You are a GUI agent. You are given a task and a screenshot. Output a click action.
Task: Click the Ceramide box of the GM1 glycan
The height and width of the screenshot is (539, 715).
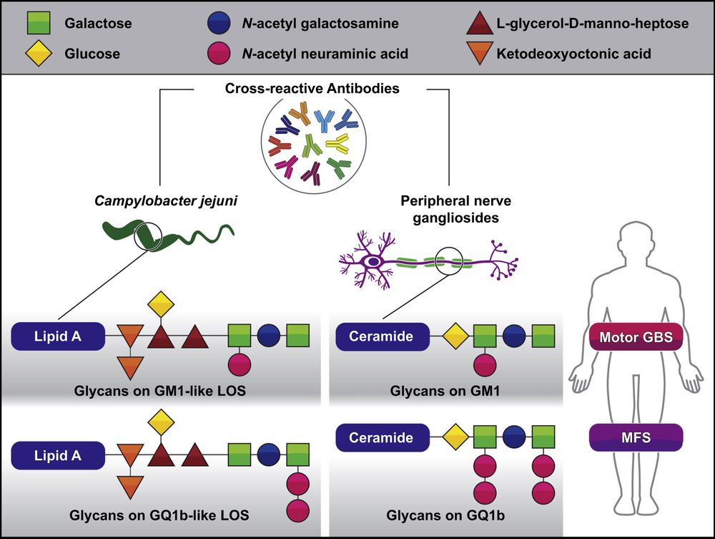[381, 336]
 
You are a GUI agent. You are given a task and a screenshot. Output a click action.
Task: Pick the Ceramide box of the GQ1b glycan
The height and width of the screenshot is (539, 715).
[381, 437]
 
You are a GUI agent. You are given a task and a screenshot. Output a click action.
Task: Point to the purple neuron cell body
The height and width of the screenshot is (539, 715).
[374, 263]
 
